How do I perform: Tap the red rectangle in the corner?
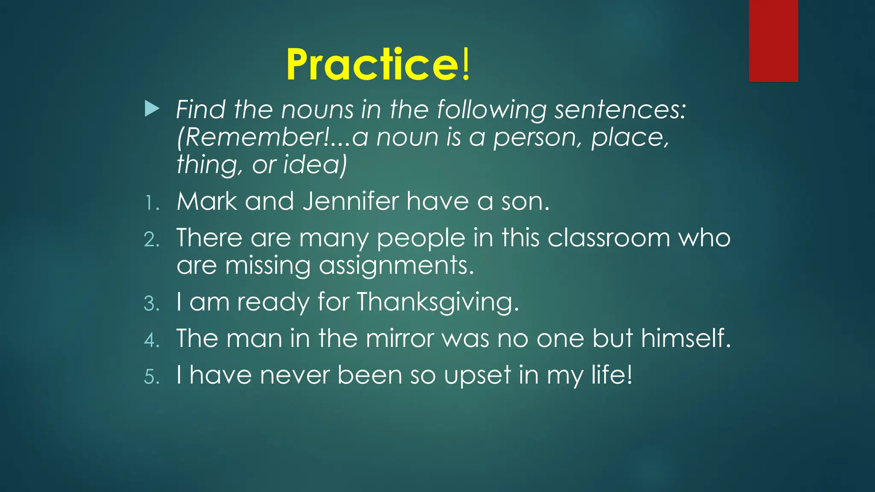(x=773, y=41)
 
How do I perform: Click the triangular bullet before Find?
(x=152, y=109)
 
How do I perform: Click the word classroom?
(x=609, y=238)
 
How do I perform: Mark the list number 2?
(x=152, y=240)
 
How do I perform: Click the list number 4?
(x=152, y=340)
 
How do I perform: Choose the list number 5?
(x=152, y=377)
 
